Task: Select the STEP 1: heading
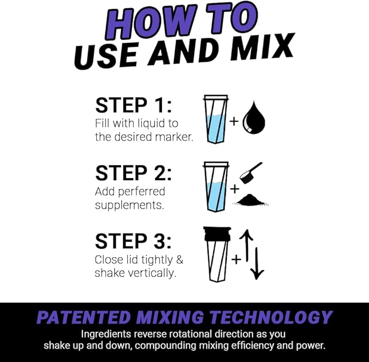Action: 133,105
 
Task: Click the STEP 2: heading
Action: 133,173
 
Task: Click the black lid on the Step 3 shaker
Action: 217,234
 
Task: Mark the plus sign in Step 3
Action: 236,259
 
